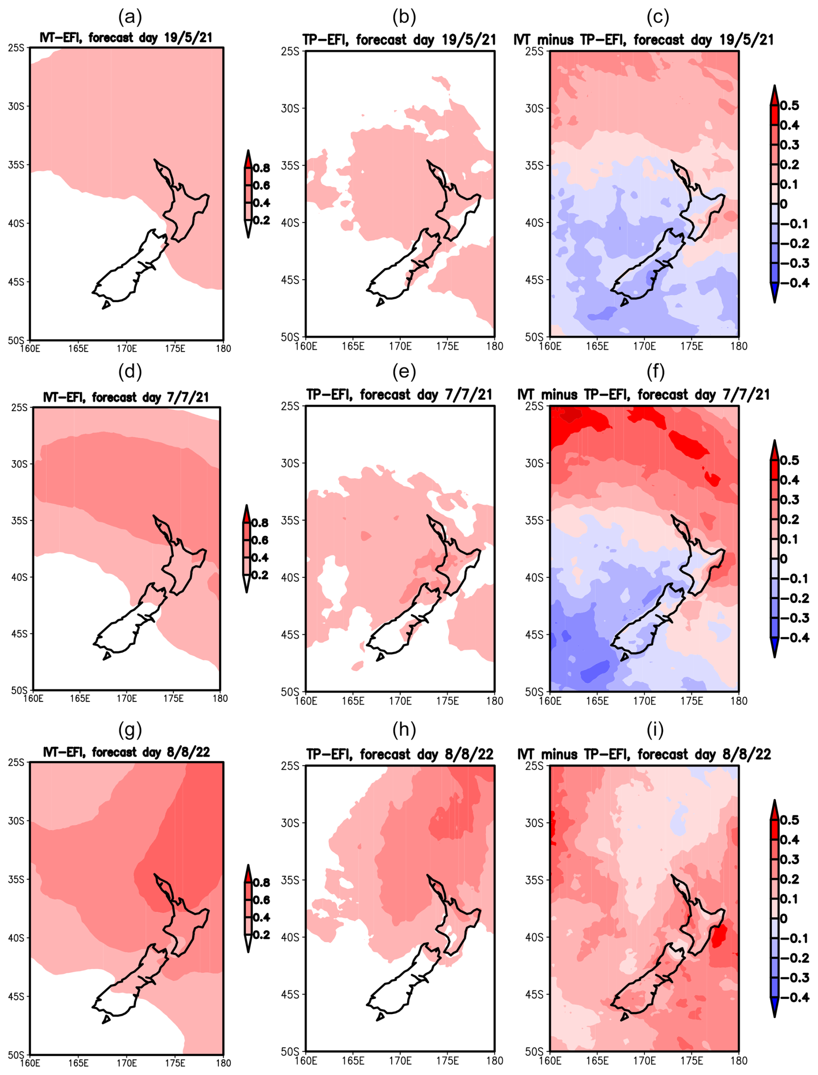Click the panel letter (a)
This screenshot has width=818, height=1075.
pos(130,18)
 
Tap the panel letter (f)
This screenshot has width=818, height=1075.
pos(655,371)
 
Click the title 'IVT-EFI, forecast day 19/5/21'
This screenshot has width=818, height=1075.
pos(126,38)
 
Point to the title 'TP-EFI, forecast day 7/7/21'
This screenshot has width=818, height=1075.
pos(399,394)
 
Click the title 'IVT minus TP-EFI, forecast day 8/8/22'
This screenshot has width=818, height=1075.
pos(644,754)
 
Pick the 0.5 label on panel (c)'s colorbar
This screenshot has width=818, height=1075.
pos(789,106)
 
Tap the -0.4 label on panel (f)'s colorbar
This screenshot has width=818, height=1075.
pos(795,637)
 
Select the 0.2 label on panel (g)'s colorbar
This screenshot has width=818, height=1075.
pos(261,935)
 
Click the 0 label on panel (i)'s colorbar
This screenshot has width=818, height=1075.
pos(783,918)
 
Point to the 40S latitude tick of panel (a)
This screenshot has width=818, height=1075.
pos(16,224)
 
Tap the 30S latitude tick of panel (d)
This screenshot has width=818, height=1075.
pos(19,464)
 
